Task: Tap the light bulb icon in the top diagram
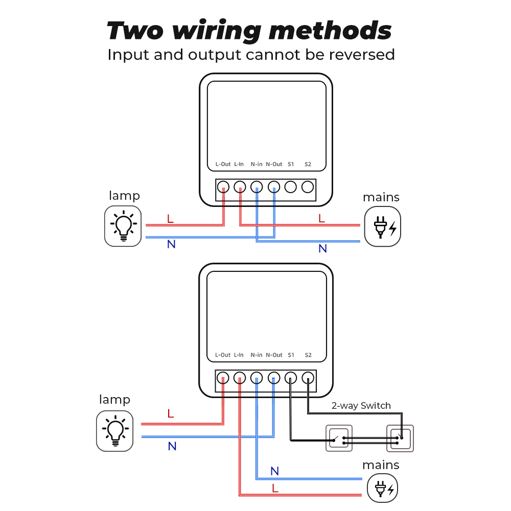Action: tap(123, 226)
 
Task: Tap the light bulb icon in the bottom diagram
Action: tap(115, 431)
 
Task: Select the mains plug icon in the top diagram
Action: tap(383, 226)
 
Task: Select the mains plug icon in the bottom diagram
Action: tap(383, 489)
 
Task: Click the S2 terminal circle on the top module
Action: tap(307, 187)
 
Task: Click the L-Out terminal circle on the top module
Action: tap(223, 187)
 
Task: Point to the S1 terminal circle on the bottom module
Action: tap(290, 378)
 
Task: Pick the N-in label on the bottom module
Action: tap(257, 355)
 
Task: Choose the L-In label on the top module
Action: tap(239, 164)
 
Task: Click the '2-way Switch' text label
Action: tap(361, 406)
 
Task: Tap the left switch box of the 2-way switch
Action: tap(339, 438)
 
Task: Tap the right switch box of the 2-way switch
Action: tap(400, 438)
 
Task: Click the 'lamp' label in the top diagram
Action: tap(124, 196)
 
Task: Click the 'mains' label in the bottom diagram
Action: tap(381, 465)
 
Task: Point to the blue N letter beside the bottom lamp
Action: tap(172, 446)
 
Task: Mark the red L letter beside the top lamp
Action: tap(170, 219)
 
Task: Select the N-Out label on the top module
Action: tap(274, 164)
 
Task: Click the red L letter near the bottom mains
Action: tap(275, 488)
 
